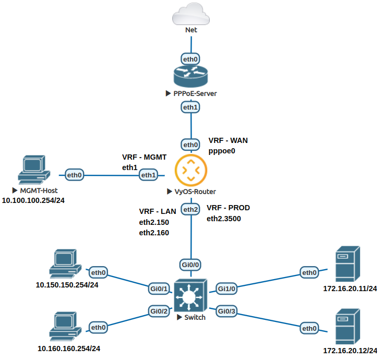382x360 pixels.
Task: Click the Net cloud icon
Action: [x=191, y=15]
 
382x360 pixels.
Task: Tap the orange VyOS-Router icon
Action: [x=191, y=170]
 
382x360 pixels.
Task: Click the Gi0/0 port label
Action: [x=190, y=265]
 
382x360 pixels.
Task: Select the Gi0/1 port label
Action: [x=159, y=288]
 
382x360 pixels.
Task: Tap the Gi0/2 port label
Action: [x=159, y=311]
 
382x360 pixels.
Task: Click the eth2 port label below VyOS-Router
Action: [x=190, y=210]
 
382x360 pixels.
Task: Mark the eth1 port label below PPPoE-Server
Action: [x=190, y=107]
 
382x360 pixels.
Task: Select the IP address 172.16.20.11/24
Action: [x=350, y=288]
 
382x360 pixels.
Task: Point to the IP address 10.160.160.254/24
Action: [x=68, y=348]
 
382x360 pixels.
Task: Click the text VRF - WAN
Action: [x=228, y=140]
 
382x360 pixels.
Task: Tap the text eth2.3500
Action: [x=224, y=219]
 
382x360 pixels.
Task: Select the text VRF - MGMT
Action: [x=144, y=157]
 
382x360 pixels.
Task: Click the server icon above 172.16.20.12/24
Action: [x=347, y=323]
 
